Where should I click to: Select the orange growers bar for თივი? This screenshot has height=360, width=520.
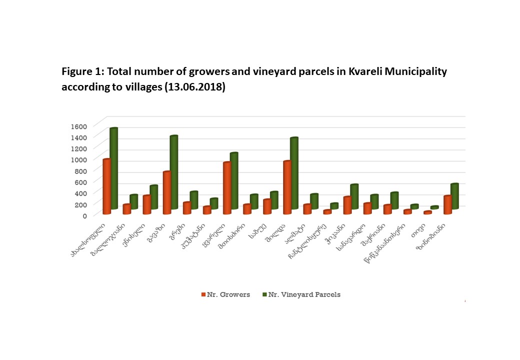click(x=427, y=212)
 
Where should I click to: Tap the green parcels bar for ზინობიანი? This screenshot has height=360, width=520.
click(x=454, y=195)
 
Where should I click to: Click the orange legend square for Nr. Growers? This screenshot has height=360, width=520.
click(x=203, y=295)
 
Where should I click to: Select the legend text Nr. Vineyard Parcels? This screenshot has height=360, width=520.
click(x=304, y=295)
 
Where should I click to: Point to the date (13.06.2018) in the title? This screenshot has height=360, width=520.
click(x=195, y=87)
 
